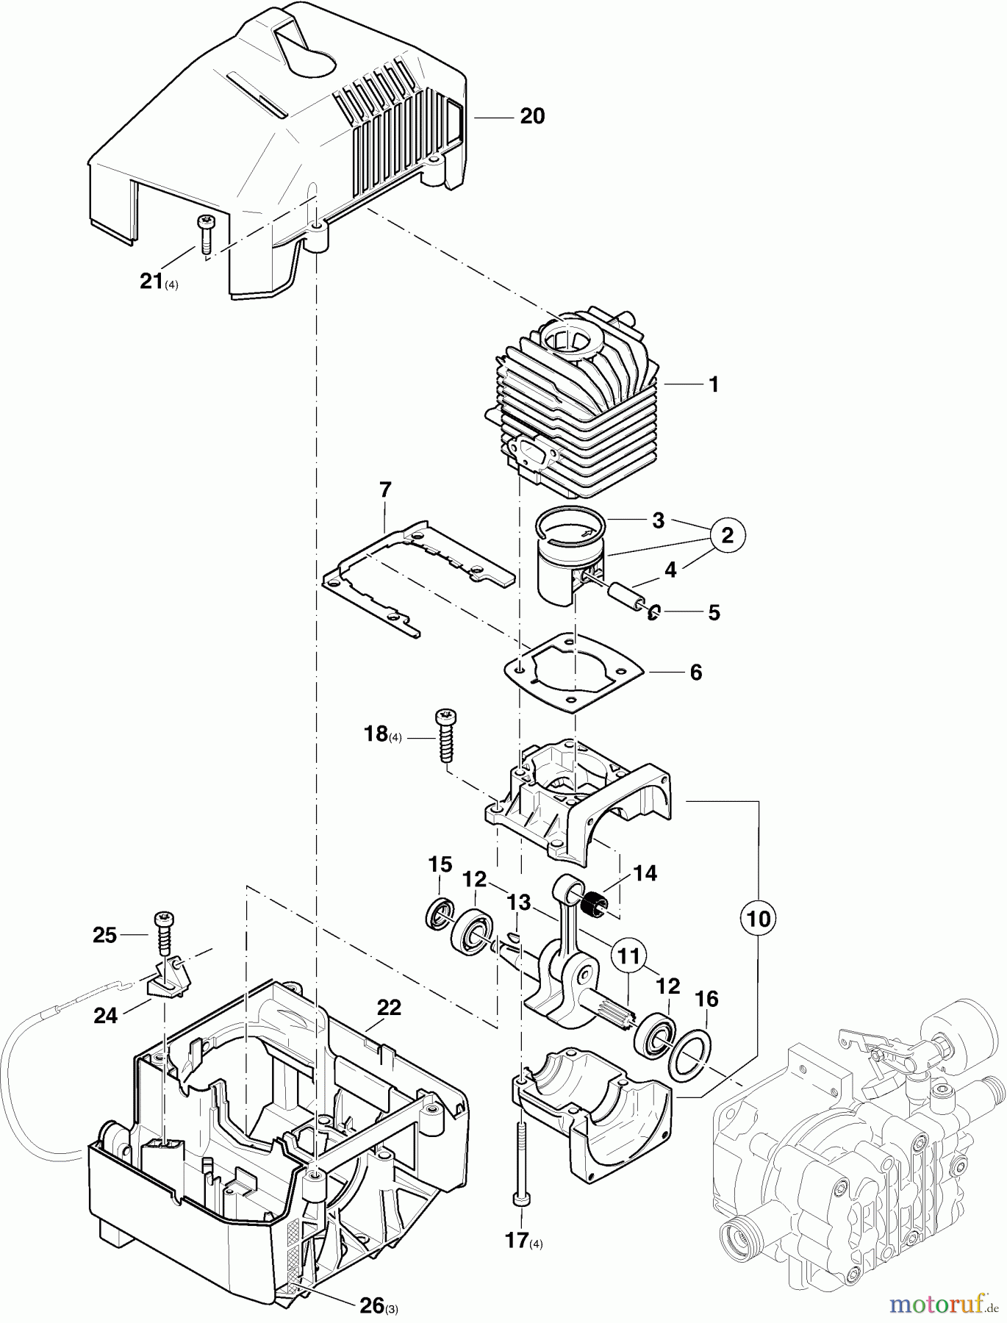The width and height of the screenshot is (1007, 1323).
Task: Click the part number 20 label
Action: [x=532, y=117]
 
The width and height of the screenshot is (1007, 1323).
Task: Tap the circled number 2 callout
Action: [x=727, y=536]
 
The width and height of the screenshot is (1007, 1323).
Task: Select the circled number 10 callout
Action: [x=759, y=918]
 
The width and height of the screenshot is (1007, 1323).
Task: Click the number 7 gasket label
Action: [x=384, y=490]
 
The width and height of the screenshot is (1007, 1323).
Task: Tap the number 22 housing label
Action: [x=389, y=1008]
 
